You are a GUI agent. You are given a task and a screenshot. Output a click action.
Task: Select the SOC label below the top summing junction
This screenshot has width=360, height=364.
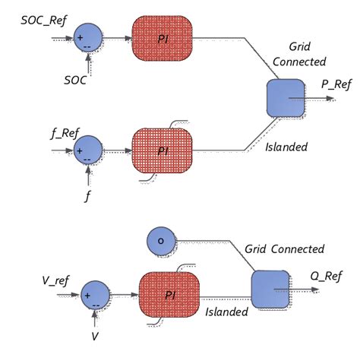tap(75, 80)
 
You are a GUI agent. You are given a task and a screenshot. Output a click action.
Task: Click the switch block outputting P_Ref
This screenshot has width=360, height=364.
tap(286, 98)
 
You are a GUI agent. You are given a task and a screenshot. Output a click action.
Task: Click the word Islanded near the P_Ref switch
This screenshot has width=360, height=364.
tap(287, 147)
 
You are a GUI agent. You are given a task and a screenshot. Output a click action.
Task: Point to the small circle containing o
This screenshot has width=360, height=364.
tap(160, 241)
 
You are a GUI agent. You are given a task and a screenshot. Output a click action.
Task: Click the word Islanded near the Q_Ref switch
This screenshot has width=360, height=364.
tap(226, 312)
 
